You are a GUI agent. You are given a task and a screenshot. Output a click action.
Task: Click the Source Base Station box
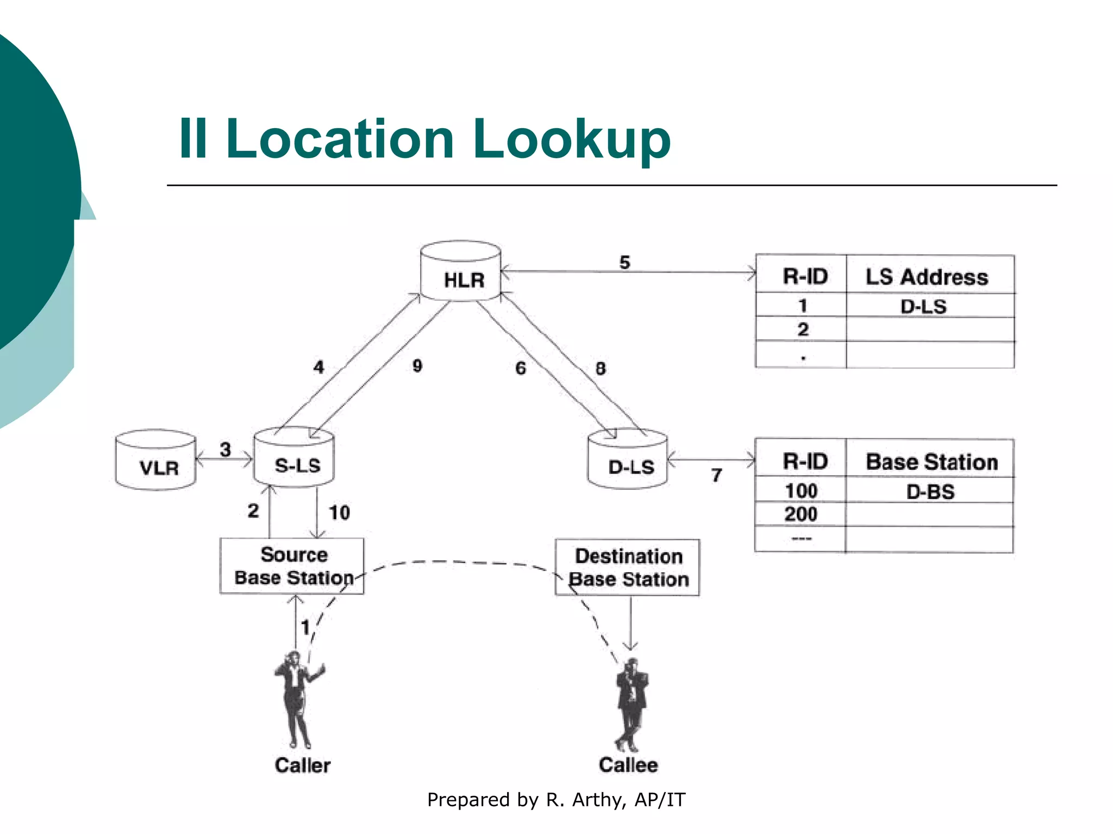pos(292,566)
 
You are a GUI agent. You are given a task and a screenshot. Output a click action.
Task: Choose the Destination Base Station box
pos(628,567)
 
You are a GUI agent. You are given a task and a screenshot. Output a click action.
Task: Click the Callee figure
pos(631,703)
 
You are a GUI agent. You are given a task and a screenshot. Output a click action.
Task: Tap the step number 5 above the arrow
pos(624,263)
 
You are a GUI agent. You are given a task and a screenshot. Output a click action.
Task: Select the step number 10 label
pos(339,513)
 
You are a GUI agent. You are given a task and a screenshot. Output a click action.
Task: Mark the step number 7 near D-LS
pos(717,476)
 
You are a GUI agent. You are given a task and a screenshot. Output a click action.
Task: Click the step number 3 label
pos(225,450)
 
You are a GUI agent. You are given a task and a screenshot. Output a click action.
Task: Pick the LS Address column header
pos(927,277)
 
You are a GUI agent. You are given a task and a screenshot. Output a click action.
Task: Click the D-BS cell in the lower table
pos(930,492)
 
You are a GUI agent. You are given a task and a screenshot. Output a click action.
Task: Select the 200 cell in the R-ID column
pos(801,514)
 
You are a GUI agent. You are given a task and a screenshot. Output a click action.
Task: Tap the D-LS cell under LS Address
pos(923,307)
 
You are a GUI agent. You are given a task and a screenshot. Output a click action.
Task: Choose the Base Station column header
pos(931,462)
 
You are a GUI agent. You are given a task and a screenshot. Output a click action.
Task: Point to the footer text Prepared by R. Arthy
pos(556,800)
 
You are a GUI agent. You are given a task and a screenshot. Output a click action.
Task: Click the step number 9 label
pos(417,366)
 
